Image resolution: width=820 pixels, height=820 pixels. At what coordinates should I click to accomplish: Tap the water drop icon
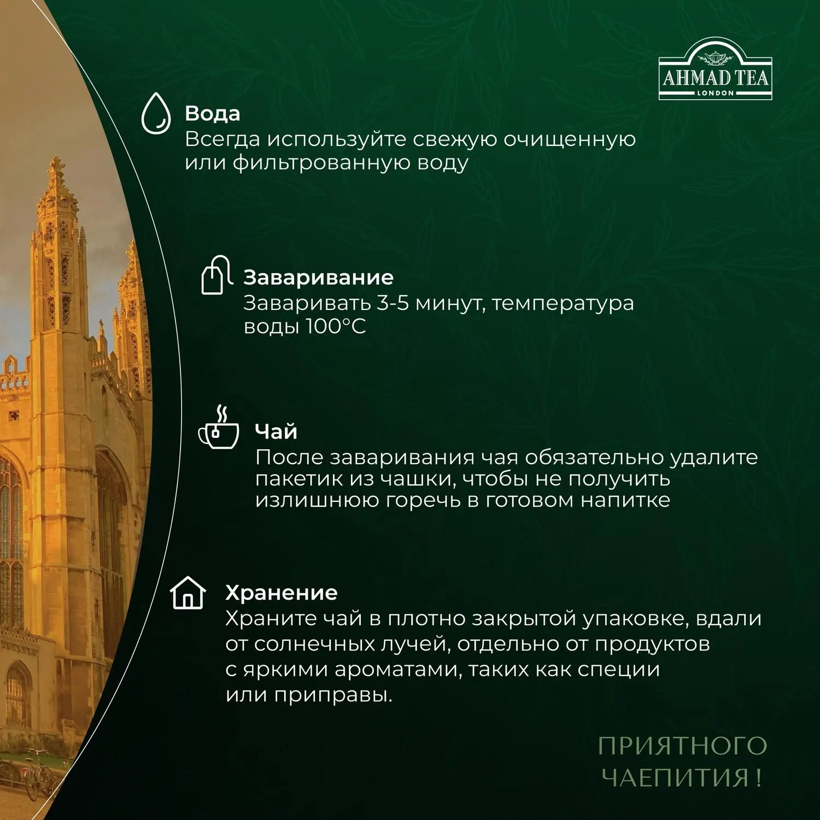click(x=157, y=114)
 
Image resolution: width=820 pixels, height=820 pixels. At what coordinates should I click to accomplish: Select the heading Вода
click(x=213, y=113)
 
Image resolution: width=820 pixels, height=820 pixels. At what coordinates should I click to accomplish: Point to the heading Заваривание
click(x=319, y=278)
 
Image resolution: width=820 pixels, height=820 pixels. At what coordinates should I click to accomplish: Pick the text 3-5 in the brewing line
click(x=393, y=302)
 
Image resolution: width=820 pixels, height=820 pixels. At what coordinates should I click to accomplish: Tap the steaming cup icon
click(x=219, y=427)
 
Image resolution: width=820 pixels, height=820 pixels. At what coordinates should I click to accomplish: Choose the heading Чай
click(x=276, y=431)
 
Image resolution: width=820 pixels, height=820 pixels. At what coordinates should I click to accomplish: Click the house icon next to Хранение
click(x=188, y=593)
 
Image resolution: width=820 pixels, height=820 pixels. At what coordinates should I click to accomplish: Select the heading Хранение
click(x=282, y=593)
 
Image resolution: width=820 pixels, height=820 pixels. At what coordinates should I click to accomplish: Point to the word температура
click(x=563, y=303)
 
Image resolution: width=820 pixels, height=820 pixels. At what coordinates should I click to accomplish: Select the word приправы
click(x=333, y=695)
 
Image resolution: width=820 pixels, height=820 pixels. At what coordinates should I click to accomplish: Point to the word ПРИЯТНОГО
click(x=683, y=746)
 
